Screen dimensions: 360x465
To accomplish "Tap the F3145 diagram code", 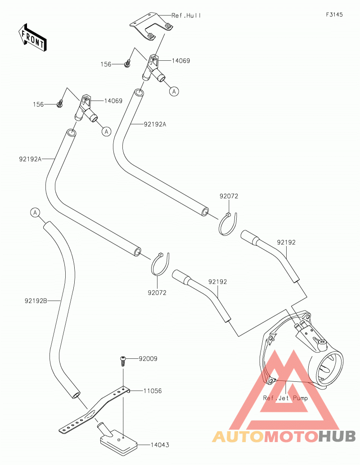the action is [x=334, y=14].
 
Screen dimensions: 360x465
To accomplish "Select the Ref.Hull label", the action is [x=186, y=15].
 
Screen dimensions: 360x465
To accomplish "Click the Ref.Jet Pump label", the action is [x=286, y=398].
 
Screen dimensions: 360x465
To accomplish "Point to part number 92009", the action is [x=148, y=359].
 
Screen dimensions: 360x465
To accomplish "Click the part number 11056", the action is [x=153, y=391].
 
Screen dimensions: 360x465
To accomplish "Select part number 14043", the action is [x=160, y=445].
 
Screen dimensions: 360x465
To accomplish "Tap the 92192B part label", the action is [x=36, y=301].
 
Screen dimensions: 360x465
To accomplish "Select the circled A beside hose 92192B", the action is [x=35, y=212].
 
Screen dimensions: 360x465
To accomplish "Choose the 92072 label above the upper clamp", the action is [x=229, y=196].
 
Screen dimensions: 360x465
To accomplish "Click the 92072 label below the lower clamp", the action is [x=157, y=293].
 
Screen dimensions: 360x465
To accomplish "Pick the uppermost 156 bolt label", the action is [x=106, y=64].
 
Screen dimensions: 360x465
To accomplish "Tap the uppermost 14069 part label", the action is [x=181, y=61].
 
